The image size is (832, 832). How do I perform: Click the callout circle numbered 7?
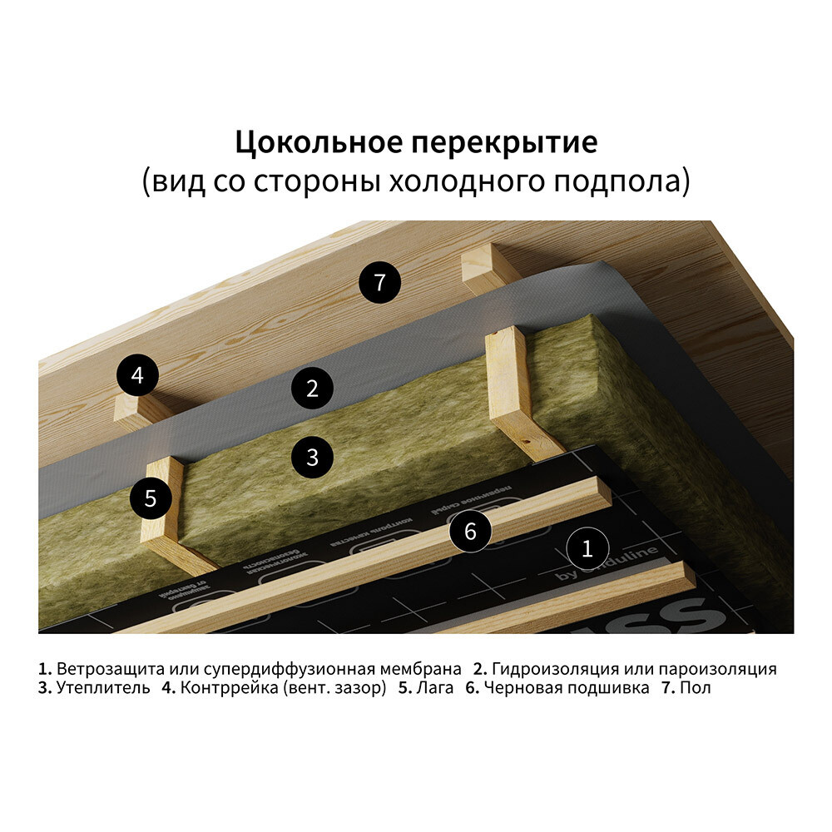pyautogui.click(x=379, y=282)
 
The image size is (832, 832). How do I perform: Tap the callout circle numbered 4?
pyautogui.click(x=137, y=375)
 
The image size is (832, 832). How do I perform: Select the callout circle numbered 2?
pyautogui.click(x=312, y=388)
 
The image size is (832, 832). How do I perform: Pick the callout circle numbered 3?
pyautogui.click(x=312, y=456)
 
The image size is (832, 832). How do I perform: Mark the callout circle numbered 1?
pyautogui.click(x=587, y=548)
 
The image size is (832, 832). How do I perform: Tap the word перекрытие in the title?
pyautogui.click(x=503, y=143)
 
